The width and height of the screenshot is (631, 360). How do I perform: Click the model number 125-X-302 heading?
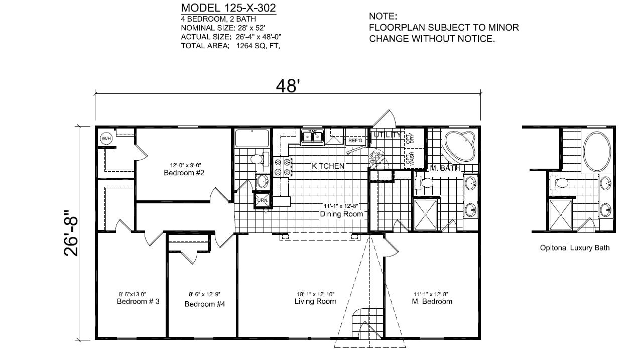pos(228,8)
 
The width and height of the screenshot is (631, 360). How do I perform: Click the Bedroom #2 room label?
pos(183,173)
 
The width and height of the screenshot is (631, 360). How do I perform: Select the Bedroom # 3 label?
pos(138,301)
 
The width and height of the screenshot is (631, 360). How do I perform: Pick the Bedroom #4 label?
pos(205,304)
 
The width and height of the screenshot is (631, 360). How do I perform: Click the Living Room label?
pos(315,301)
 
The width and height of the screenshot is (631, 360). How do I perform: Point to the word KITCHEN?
pos(328,166)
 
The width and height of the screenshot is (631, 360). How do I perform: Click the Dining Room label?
pos(341,214)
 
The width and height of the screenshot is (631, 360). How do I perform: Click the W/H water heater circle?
pos(106,139)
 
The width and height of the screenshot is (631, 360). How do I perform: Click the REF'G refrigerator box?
pos(355,141)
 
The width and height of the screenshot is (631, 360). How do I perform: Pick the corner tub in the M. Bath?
pos(459,146)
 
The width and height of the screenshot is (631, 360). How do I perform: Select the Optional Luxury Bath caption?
pos(575,248)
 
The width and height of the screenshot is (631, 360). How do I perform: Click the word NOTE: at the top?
pos(383,17)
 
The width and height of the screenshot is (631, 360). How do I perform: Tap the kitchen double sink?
pos(312,136)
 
